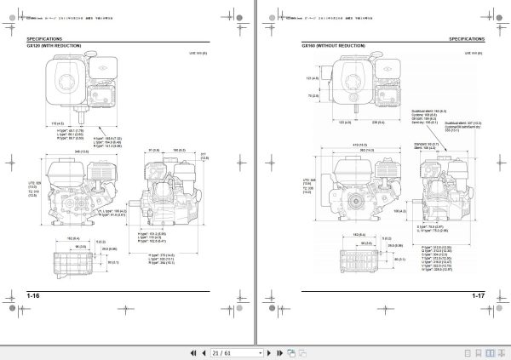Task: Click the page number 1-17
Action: pyautogui.click(x=474, y=295)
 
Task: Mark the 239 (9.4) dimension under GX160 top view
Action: pyautogui.click(x=376, y=123)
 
